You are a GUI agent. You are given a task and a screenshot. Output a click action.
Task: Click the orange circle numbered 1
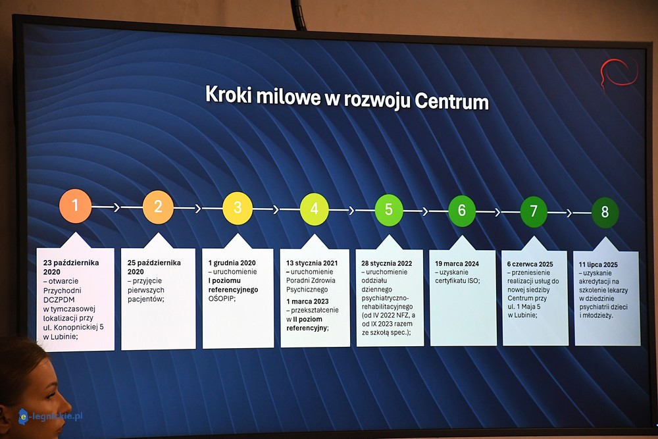point(76,205)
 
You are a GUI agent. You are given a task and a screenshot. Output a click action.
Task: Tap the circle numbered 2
point(158,207)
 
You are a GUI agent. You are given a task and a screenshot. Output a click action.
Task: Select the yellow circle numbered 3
point(238,208)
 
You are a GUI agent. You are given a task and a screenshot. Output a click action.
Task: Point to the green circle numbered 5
point(389,210)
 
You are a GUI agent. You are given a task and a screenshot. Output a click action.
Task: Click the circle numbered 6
point(462,211)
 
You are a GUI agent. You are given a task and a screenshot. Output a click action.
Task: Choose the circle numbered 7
point(534,211)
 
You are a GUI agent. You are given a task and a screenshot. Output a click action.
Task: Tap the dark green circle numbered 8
point(605,213)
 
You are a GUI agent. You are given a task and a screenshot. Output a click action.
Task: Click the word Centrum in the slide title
point(451,101)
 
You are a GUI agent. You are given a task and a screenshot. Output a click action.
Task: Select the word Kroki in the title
point(228,94)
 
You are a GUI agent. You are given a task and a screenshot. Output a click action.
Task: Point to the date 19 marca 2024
point(457,263)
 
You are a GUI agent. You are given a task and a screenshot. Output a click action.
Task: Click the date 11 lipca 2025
point(598,265)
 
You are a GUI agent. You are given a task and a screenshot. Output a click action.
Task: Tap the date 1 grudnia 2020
point(232,263)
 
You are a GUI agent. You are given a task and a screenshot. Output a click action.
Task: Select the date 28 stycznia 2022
point(386,263)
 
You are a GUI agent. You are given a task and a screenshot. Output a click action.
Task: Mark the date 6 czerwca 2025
point(530,264)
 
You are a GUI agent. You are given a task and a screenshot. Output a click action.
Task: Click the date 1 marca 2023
point(307,301)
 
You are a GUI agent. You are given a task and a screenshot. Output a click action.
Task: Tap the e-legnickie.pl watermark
point(51,416)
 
